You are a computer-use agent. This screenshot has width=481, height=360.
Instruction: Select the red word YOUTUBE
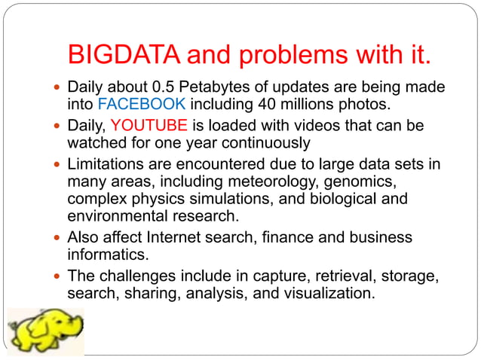143,124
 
